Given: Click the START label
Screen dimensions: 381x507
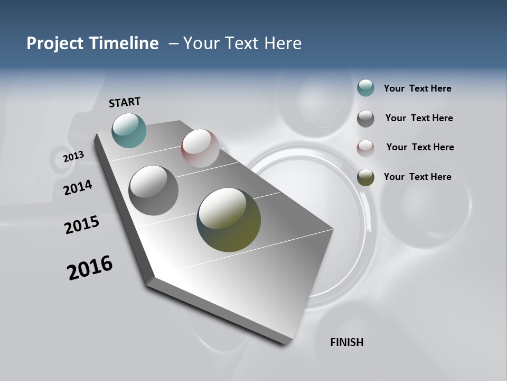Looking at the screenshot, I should pos(125,102).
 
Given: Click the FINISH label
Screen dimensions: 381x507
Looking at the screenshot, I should pos(346,342).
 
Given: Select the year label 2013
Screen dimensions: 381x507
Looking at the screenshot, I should pos(74,157).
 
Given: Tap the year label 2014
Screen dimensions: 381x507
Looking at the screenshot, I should pos(78,187).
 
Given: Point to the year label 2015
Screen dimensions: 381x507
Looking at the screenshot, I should pos(82,225).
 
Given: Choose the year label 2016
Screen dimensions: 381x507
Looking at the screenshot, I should pos(90,268).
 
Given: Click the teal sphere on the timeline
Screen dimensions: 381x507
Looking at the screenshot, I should pos(129,130).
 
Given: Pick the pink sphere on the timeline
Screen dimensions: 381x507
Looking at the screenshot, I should pos(200,148).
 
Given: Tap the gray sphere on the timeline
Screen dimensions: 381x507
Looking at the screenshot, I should pos(153,190).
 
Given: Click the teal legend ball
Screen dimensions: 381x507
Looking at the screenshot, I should pos(365,88).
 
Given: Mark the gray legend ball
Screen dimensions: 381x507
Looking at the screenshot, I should pos(365,119).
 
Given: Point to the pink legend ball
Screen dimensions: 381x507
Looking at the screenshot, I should pos(365,148).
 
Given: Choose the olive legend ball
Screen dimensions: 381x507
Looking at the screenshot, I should pos(365,177).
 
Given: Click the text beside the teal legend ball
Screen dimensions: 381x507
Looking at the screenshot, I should pos(417,89).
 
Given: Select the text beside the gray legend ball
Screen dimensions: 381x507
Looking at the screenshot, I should pos(419,119).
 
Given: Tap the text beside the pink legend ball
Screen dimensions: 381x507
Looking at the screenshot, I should pos(420,148).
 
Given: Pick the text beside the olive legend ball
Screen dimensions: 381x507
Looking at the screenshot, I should pos(417,177).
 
